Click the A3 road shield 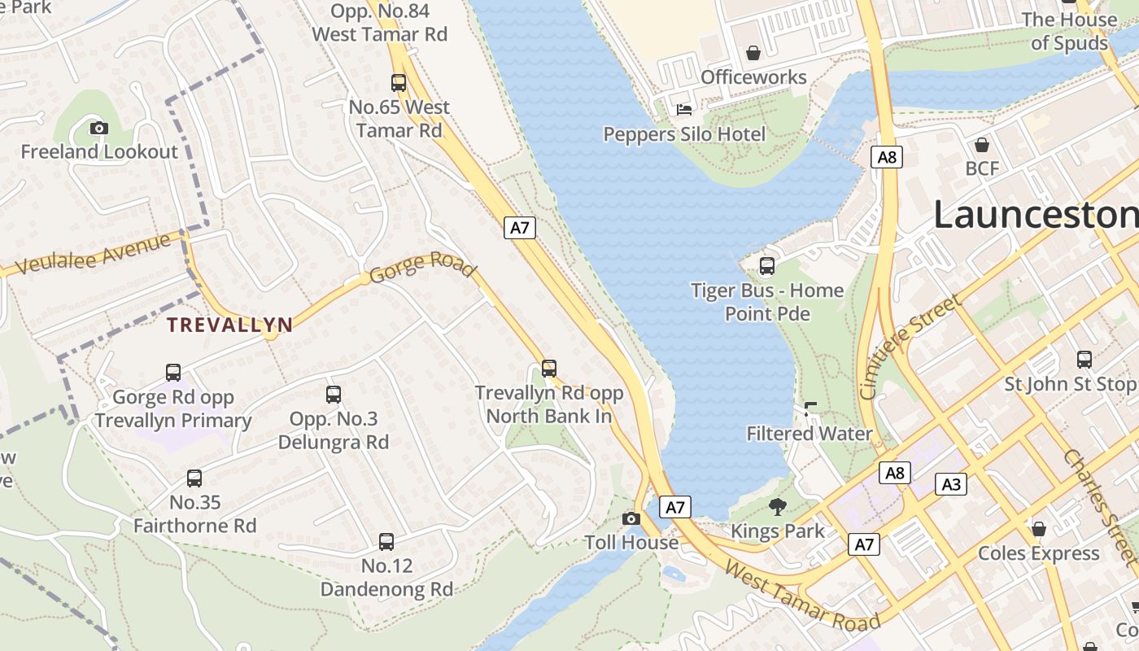[x=950, y=485]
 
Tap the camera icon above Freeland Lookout [x=99, y=128]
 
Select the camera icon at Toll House [x=631, y=518]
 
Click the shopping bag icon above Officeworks [x=753, y=53]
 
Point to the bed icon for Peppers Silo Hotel [x=684, y=109]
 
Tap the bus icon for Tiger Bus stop [x=766, y=265]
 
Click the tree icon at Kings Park [x=778, y=507]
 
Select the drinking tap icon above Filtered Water [x=810, y=409]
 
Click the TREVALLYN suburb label [x=229, y=325]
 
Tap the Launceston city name [x=1036, y=215]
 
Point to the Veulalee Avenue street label [x=94, y=253]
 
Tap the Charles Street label [x=1099, y=505]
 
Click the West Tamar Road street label [x=802, y=596]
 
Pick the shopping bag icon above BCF [x=982, y=145]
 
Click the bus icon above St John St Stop [x=1084, y=359]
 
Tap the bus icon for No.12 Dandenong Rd [x=386, y=541]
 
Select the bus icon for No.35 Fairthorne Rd [x=194, y=478]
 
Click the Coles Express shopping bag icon [x=1038, y=529]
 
